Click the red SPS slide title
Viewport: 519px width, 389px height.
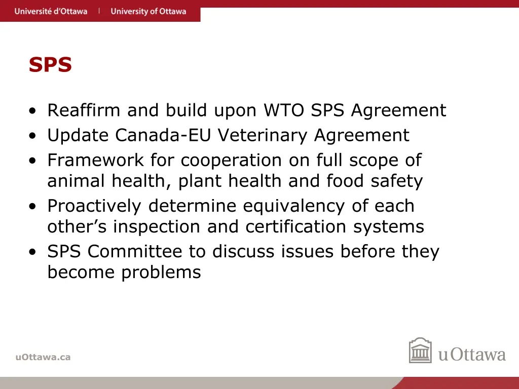pyautogui.click(x=50, y=65)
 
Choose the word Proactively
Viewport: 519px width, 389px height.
pyautogui.click(x=94, y=206)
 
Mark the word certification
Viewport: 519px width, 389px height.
pyautogui.click(x=297, y=226)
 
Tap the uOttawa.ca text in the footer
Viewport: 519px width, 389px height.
pyautogui.click(x=43, y=357)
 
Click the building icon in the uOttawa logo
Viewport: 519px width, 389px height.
pyautogui.click(x=420, y=351)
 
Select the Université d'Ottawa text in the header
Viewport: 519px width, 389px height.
pyautogui.click(x=51, y=11)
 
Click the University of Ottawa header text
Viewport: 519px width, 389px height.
pyautogui.click(x=149, y=11)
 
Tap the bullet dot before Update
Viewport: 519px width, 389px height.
pyautogui.click(x=33, y=136)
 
